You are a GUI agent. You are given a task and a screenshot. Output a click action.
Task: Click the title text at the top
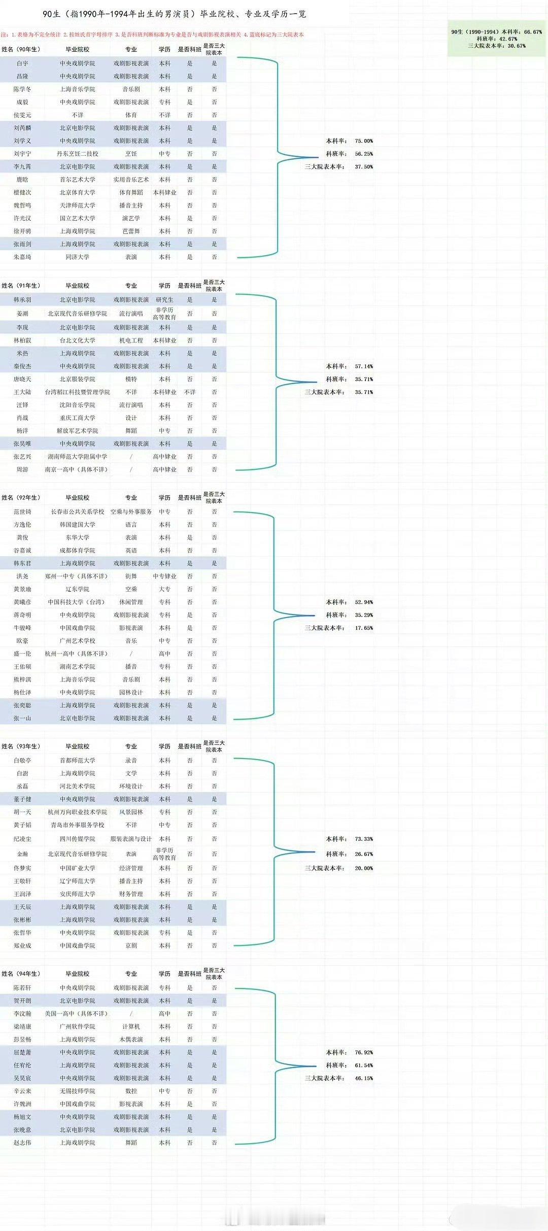175,14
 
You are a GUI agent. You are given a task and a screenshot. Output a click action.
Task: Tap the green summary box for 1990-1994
496,39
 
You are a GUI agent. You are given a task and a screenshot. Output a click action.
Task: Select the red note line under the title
152,35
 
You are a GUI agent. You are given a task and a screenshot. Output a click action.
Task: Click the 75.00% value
364,141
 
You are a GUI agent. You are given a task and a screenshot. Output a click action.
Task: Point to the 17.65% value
364,628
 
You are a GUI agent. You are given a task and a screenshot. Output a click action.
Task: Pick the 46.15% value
364,1078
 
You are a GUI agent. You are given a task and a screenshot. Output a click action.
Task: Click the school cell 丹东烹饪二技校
78,154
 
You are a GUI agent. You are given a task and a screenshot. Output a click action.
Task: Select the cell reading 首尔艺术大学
78,180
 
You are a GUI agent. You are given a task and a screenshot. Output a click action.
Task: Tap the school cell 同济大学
78,257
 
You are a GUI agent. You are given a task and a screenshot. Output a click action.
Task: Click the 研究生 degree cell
164,300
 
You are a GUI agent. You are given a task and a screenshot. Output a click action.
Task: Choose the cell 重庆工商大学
78,418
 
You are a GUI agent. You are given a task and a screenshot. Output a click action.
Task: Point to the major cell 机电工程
131,340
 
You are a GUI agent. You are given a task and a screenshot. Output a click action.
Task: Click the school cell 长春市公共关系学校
78,512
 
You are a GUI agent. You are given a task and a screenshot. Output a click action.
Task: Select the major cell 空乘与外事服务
131,512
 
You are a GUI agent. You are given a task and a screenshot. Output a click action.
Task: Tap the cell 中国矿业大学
78,868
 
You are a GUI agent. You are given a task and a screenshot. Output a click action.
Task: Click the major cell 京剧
131,946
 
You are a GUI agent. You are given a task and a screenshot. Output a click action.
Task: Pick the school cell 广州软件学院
78,1027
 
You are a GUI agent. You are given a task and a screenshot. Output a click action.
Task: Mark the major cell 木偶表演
131,1040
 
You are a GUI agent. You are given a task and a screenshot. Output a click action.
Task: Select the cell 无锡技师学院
78,1091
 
